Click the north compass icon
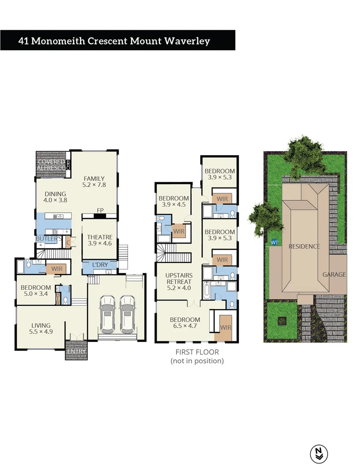point(319,453)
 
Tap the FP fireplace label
point(100,211)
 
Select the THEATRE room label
point(100,237)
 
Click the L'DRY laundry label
point(100,264)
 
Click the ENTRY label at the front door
point(76,352)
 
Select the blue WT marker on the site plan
point(274,243)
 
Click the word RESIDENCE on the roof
point(305,246)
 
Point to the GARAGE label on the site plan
point(334,275)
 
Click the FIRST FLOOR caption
point(197,352)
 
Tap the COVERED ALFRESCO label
point(51,164)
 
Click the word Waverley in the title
point(187,41)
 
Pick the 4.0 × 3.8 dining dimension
point(55,200)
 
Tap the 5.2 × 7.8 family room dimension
point(94,185)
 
